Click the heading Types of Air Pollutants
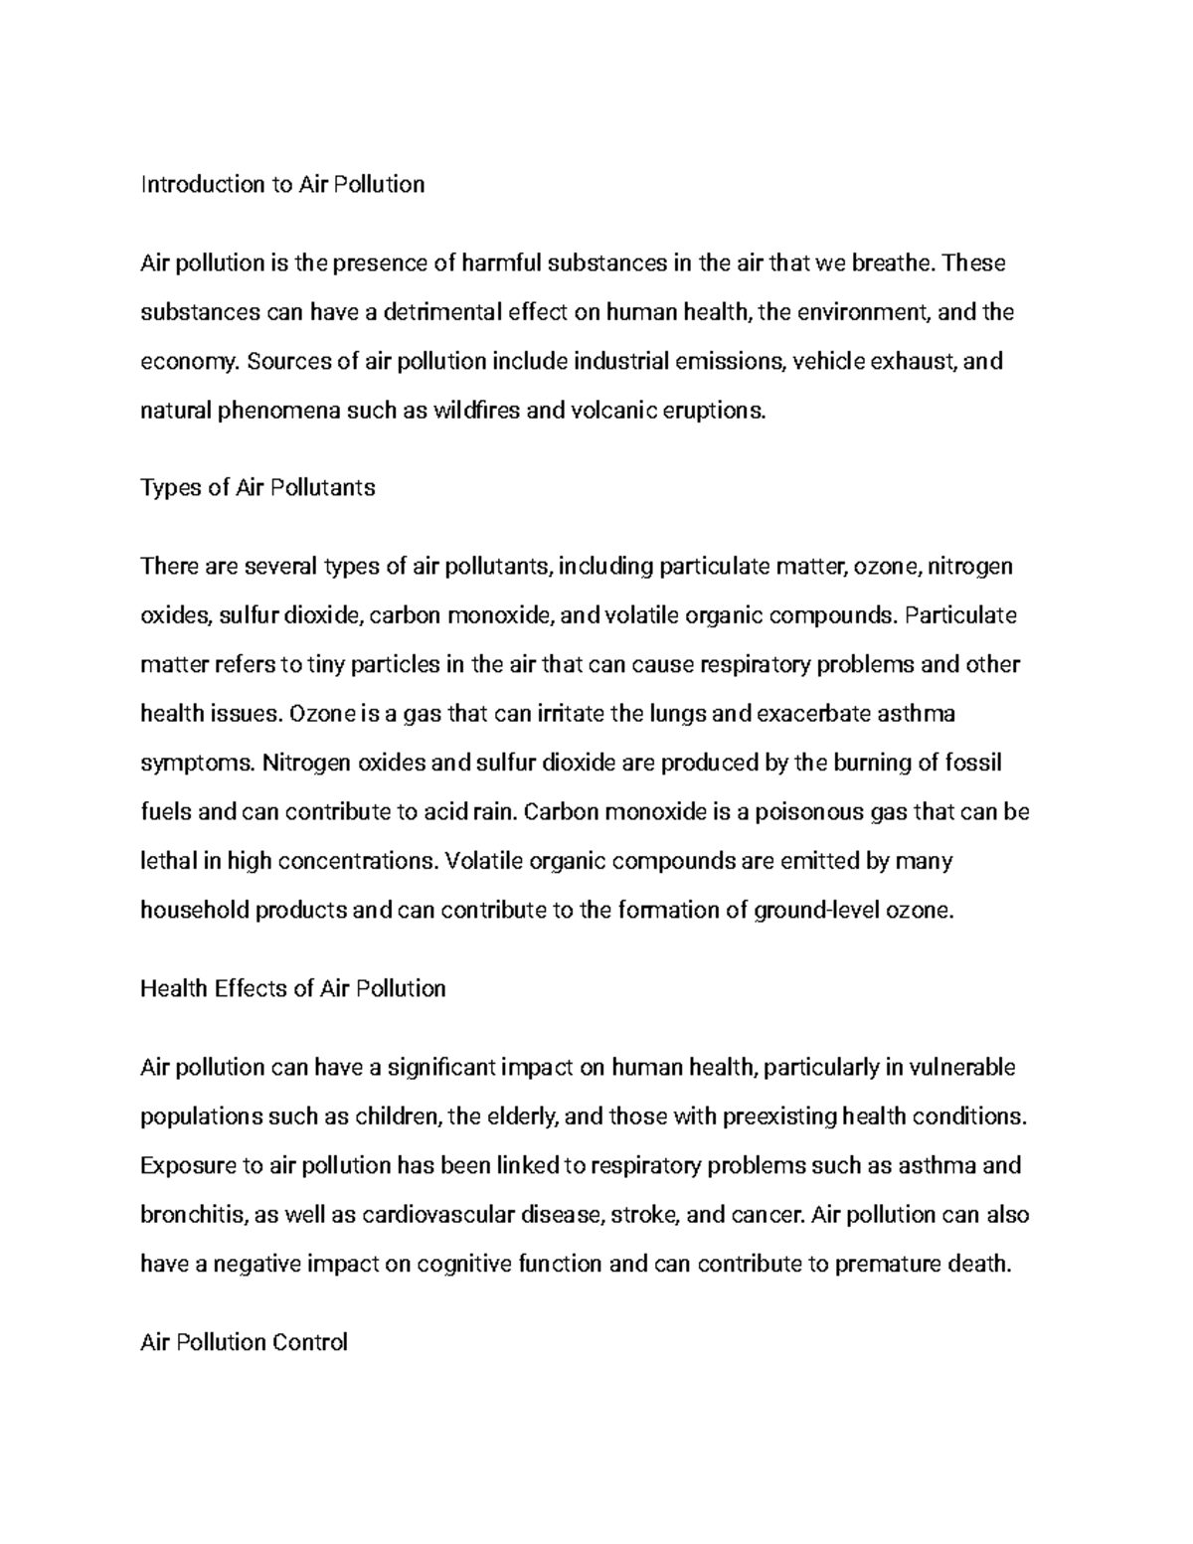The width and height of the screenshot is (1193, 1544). (257, 488)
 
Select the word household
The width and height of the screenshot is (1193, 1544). (195, 910)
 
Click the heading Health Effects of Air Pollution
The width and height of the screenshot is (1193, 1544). (292, 989)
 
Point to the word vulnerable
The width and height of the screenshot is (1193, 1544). (961, 1068)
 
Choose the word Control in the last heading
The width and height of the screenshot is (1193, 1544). (309, 1343)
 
